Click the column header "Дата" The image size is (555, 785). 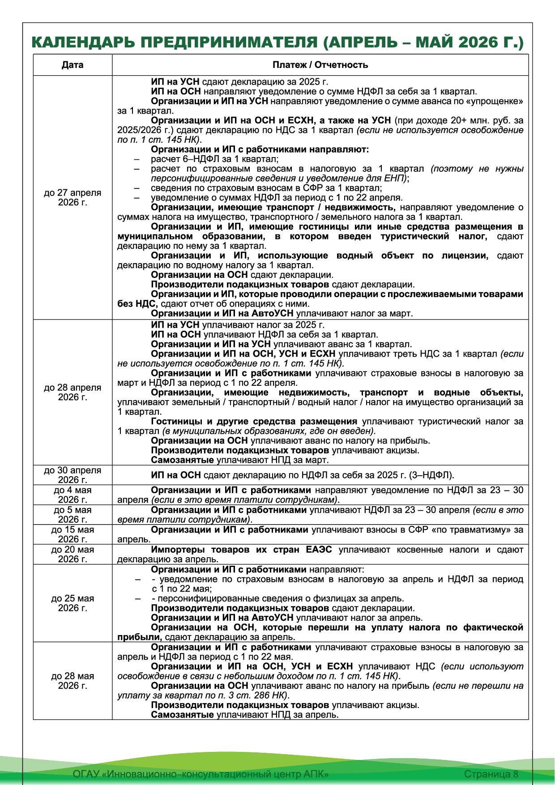click(x=73, y=65)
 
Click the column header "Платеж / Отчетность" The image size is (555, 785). click(x=320, y=65)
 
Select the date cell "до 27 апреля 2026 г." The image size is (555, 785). click(x=73, y=197)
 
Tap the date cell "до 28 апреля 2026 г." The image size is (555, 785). click(x=73, y=392)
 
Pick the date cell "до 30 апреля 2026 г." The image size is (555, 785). click(x=73, y=475)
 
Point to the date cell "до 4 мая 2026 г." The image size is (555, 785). click(x=73, y=495)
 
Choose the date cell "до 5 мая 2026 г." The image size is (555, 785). click(x=73, y=515)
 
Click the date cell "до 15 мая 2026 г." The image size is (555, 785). click(x=73, y=534)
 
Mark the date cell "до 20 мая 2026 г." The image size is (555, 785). click(x=73, y=554)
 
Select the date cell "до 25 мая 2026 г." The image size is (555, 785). click(x=73, y=603)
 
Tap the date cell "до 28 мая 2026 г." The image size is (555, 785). click(x=73, y=681)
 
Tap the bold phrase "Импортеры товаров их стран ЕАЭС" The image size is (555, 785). click(x=242, y=550)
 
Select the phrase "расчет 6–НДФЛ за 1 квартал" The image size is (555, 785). click(x=214, y=159)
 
